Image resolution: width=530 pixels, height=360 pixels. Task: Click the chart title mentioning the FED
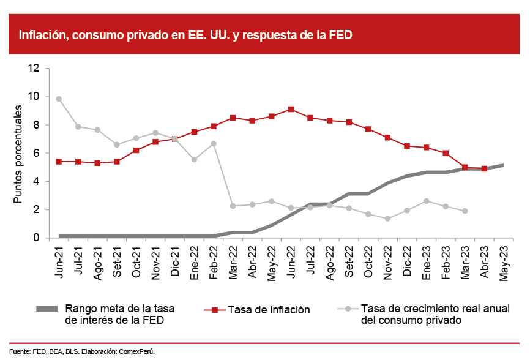pyautogui.click(x=185, y=35)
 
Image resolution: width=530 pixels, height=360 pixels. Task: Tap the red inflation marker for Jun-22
pyautogui.click(x=291, y=109)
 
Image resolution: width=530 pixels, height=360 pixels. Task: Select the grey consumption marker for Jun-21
pyautogui.click(x=59, y=99)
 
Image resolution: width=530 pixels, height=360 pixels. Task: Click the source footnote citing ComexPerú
pyautogui.click(x=82, y=351)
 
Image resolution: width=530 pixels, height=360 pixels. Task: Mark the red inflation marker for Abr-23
pyautogui.click(x=484, y=168)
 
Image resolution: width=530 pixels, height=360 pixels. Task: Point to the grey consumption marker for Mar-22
pyautogui.click(x=233, y=206)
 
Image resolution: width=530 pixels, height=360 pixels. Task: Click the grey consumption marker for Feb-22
pyautogui.click(x=214, y=143)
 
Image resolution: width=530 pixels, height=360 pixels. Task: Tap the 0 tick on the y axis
pyautogui.click(x=37, y=238)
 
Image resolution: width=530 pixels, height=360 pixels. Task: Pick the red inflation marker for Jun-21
pyautogui.click(x=59, y=162)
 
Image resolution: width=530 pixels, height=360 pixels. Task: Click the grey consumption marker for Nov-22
pyautogui.click(x=387, y=219)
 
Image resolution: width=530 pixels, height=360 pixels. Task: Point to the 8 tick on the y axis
pyautogui.click(x=37, y=125)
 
